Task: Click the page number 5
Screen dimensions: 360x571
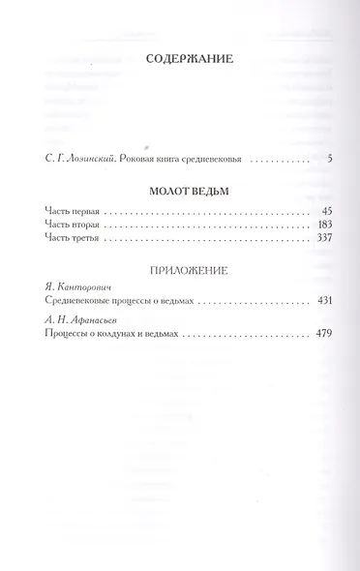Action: [329, 157]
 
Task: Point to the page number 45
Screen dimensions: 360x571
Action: [326, 210]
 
